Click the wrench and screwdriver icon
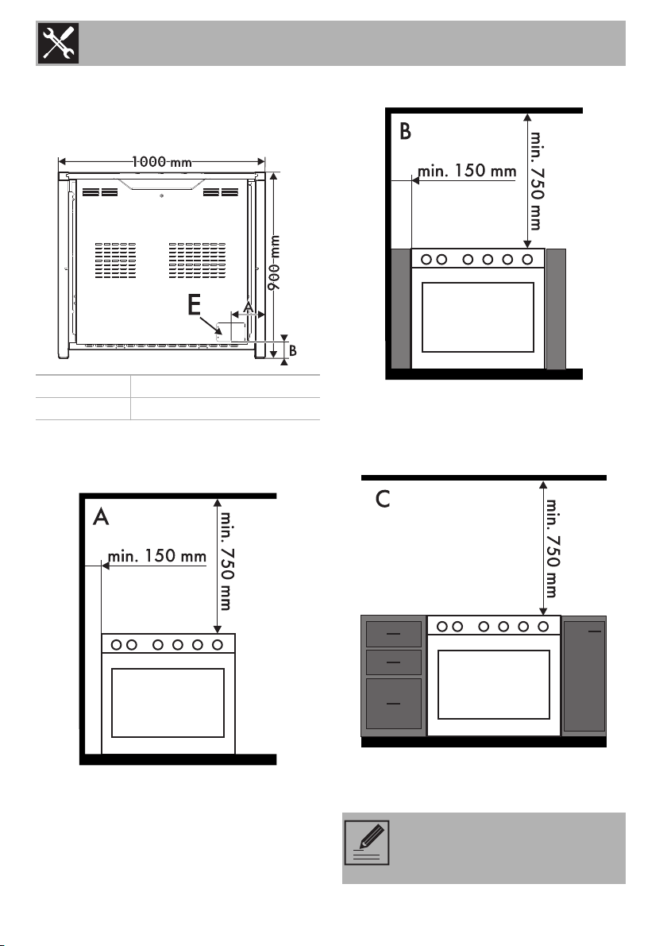click(x=59, y=44)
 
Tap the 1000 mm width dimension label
click(x=162, y=161)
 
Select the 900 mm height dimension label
click(x=274, y=263)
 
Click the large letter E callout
click(x=194, y=305)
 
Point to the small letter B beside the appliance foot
click(x=293, y=350)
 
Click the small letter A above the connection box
click(x=248, y=307)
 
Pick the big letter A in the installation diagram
click(x=101, y=516)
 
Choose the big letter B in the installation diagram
click(x=405, y=132)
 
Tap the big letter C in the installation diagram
click(x=383, y=499)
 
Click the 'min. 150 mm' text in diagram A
click(x=156, y=556)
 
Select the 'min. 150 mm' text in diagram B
click(x=467, y=171)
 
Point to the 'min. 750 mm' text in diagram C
click(x=551, y=547)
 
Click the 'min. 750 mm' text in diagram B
click(x=535, y=180)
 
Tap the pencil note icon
click(x=367, y=843)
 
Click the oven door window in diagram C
click(x=493, y=684)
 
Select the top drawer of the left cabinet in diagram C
click(x=394, y=634)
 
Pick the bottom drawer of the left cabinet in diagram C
click(x=394, y=704)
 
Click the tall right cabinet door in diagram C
click(x=584, y=676)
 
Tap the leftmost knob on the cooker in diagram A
click(x=116, y=645)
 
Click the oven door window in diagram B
click(x=478, y=317)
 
